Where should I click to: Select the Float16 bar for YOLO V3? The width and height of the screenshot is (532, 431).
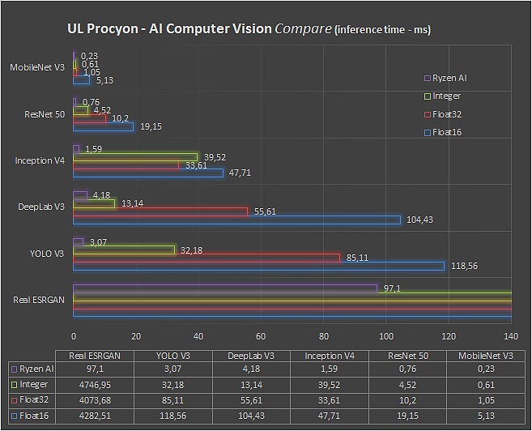click(259, 266)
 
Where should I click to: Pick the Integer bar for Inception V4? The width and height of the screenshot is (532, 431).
click(135, 156)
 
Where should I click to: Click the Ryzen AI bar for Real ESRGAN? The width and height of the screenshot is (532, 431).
click(225, 288)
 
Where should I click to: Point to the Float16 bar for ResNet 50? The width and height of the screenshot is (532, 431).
click(103, 126)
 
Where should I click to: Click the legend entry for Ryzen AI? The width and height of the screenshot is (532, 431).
click(446, 79)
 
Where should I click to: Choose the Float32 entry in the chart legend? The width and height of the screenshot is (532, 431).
click(446, 114)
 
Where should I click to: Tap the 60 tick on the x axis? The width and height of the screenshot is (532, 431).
click(261, 335)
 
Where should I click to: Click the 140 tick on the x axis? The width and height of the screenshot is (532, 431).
click(511, 335)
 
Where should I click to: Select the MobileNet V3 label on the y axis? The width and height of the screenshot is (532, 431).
click(38, 68)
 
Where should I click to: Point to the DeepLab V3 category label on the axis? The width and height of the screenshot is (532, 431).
click(41, 207)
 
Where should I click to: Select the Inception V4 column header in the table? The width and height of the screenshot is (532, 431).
click(329, 356)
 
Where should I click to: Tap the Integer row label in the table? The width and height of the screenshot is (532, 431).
click(34, 385)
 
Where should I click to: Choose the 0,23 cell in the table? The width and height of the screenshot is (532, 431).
click(485, 370)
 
